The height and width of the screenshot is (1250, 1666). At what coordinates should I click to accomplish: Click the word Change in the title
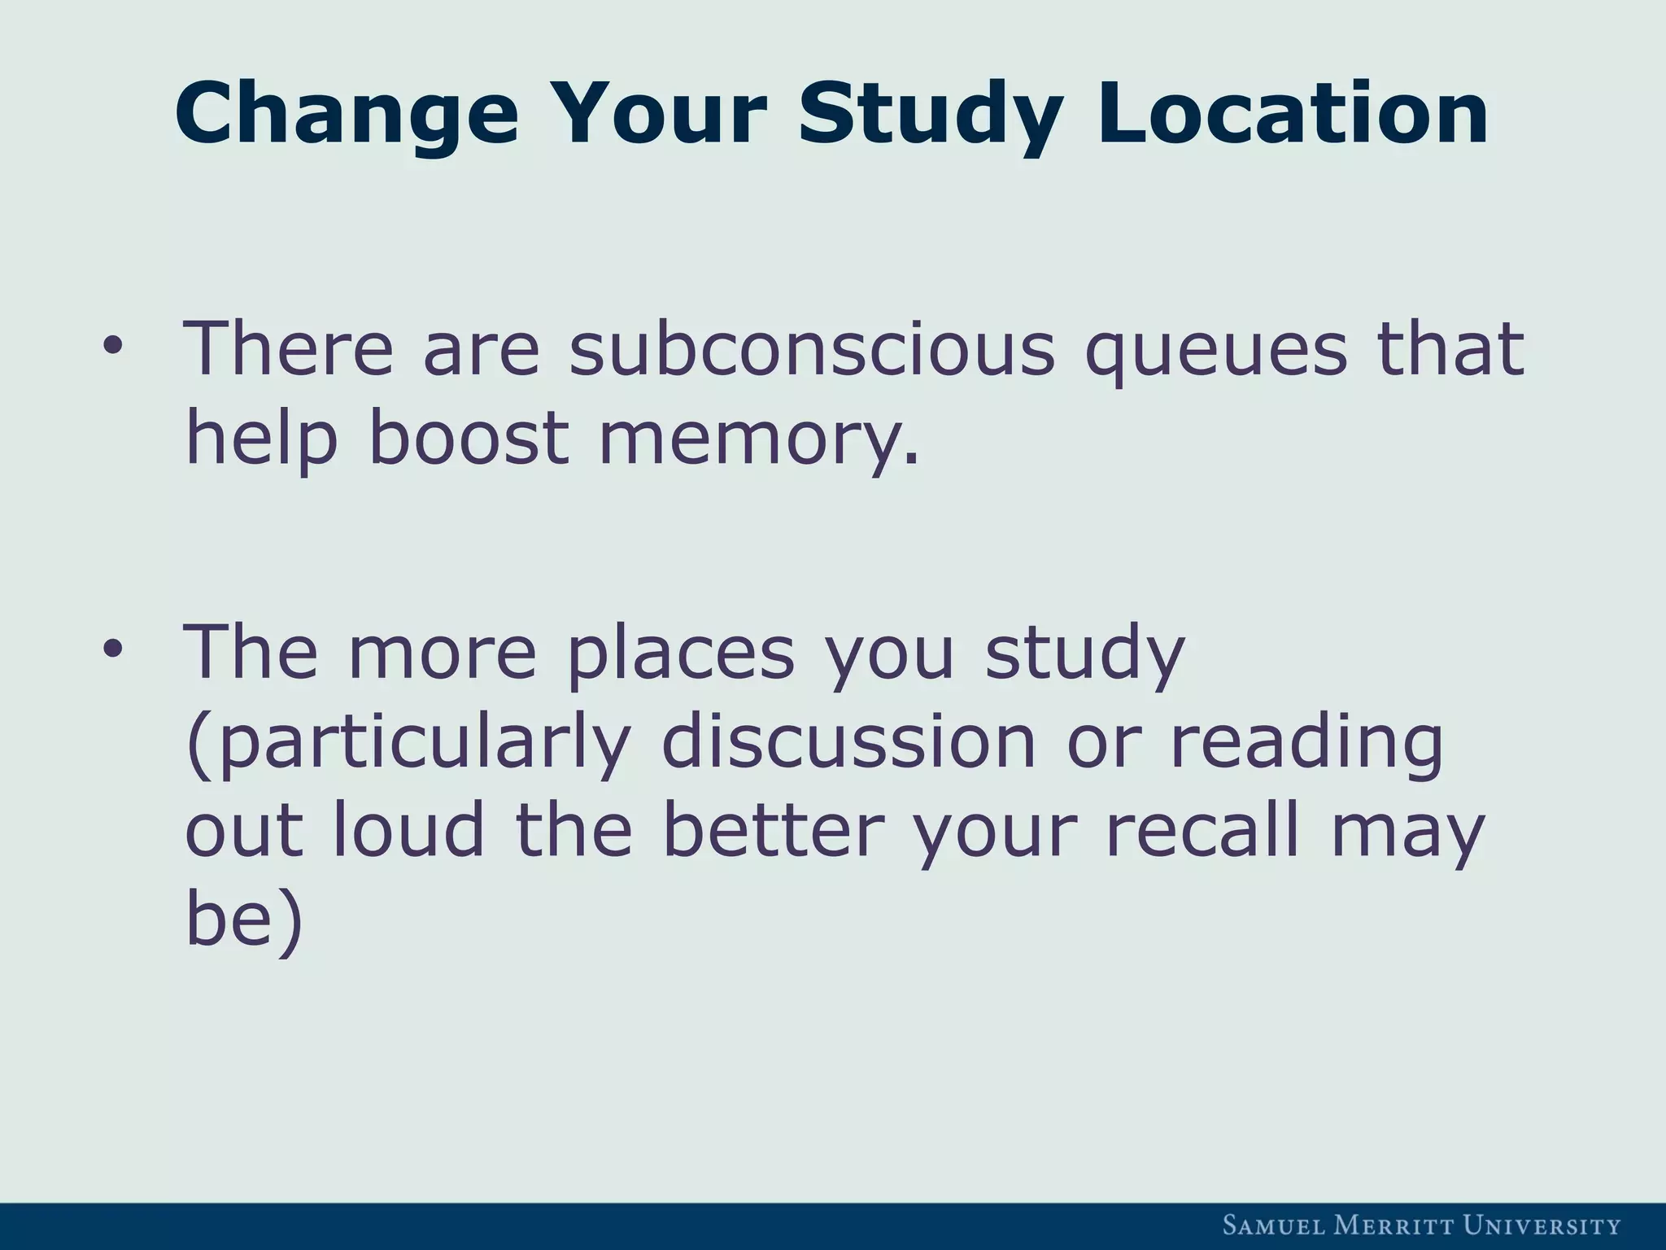click(x=346, y=114)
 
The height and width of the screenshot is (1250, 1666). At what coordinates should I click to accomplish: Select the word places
click(x=680, y=653)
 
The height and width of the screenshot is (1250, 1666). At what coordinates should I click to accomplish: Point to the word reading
click(x=1306, y=742)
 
